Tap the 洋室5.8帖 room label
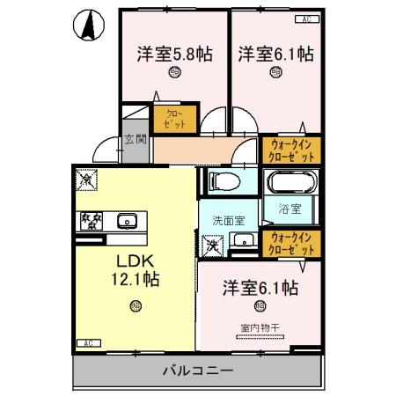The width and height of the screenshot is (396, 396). click(x=172, y=54)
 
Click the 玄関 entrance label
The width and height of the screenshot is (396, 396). click(x=135, y=138)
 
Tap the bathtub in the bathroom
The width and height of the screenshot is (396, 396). click(x=290, y=182)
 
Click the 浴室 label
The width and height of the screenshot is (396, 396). click(x=290, y=209)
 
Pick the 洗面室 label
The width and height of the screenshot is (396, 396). click(x=227, y=219)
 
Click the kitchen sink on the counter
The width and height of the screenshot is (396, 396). click(x=126, y=221)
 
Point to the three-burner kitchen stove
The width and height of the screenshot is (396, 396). click(x=90, y=220)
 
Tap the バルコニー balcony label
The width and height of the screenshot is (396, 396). click(x=197, y=370)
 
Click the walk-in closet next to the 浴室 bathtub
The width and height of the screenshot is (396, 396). click(x=291, y=150)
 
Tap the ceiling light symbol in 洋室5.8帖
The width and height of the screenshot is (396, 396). click(x=173, y=75)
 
